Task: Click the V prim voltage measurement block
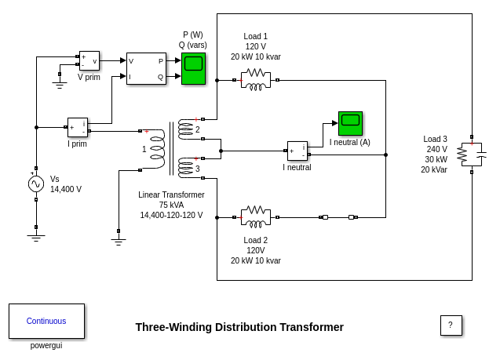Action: [89, 60]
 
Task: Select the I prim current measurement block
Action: [78, 127]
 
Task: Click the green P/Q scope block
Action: [193, 68]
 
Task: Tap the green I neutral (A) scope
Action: [350, 123]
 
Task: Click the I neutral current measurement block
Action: [297, 151]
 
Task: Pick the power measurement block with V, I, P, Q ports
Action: [146, 68]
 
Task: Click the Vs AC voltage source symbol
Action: [36, 184]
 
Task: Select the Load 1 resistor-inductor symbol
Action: [256, 79]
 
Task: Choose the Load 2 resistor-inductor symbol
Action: [256, 216]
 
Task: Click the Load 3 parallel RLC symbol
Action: [471, 154]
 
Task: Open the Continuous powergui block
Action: [46, 321]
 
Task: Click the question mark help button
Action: [451, 325]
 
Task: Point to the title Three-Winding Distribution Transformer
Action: [239, 327]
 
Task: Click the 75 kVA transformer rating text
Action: [171, 205]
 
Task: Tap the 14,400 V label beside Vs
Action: [66, 189]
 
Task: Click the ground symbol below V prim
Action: [60, 83]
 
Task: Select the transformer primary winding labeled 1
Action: [157, 148]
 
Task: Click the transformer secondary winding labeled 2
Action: [185, 129]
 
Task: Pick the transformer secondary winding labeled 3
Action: [185, 167]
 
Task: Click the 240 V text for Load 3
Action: [436, 149]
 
